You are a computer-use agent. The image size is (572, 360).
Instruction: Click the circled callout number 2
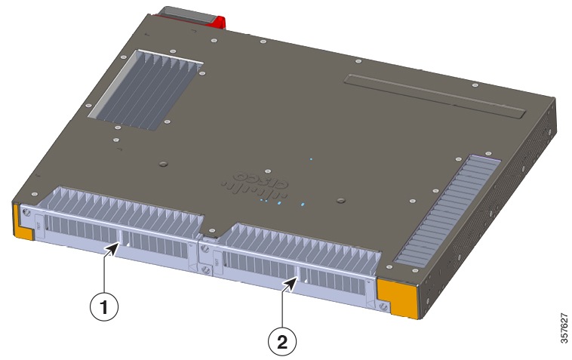pyautogui.click(x=282, y=340)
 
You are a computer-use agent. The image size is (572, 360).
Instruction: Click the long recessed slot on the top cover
pyautogui.click(x=433, y=94)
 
